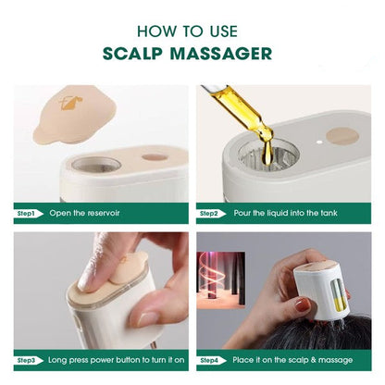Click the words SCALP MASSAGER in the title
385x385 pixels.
(192, 53)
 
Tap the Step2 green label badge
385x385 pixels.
(210, 214)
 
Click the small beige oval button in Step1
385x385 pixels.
(155, 156)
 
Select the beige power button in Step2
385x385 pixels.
(343, 136)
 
